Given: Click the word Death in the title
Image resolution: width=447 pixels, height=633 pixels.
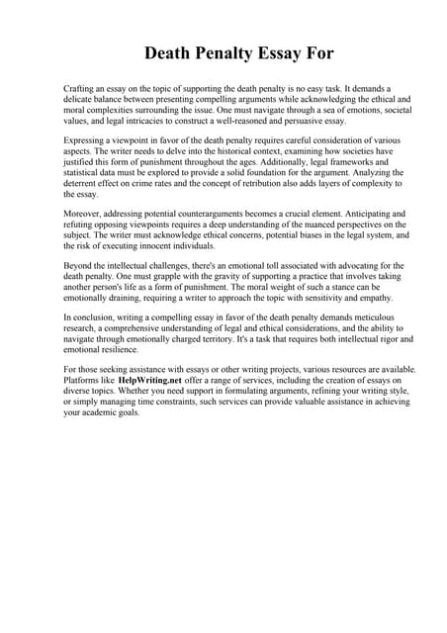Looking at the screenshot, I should [171, 52].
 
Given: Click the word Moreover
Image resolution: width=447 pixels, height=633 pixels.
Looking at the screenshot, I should [83, 214].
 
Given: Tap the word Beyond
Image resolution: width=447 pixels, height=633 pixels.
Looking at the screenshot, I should [78, 266].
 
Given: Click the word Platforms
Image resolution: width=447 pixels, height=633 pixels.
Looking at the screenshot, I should [82, 380].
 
